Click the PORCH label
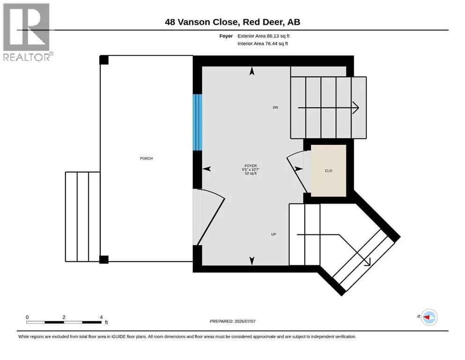(147, 158)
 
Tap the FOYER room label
(251, 165)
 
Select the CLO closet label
(329, 171)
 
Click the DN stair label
(275, 107)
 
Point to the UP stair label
(274, 234)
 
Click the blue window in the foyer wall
(198, 122)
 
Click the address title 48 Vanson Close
(201, 22)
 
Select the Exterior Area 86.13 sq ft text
(263, 36)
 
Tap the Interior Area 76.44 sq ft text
(263, 43)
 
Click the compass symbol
(429, 317)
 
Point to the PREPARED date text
(232, 321)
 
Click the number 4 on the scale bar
(101, 317)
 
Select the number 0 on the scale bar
(27, 317)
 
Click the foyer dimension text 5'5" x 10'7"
(251, 170)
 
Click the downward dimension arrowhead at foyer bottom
(252, 261)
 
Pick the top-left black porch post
(104, 60)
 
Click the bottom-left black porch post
(104, 259)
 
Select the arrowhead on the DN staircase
(356, 108)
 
